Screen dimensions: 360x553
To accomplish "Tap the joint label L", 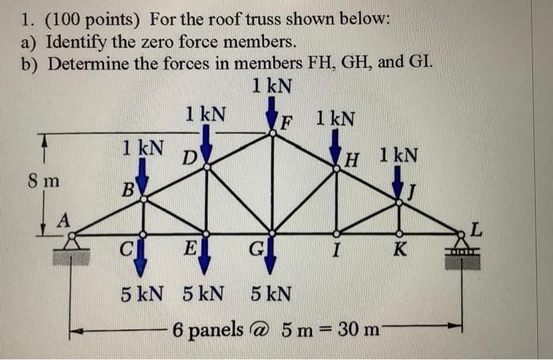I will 475,230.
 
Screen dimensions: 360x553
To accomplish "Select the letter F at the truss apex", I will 288,123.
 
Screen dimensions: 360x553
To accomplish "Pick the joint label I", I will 337,253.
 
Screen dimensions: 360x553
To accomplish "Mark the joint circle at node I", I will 337,233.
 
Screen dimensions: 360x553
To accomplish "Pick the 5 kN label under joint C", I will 143,294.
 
